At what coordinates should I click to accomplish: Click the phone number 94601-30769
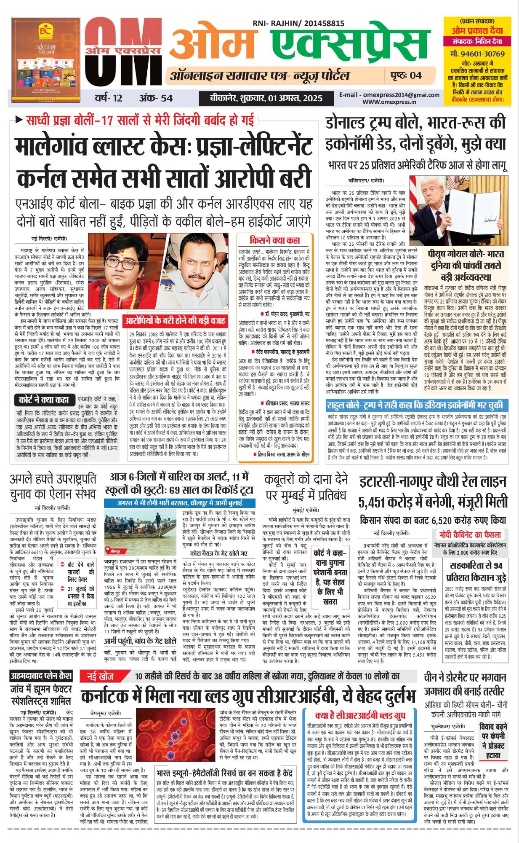(477, 54)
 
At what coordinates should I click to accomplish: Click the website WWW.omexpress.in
(389, 102)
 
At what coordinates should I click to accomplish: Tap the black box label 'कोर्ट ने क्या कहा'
(43, 400)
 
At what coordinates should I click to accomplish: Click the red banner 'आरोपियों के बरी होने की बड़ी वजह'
(175, 321)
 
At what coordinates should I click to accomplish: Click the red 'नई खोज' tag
(101, 677)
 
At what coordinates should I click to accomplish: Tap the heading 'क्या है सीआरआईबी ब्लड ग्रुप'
(360, 715)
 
